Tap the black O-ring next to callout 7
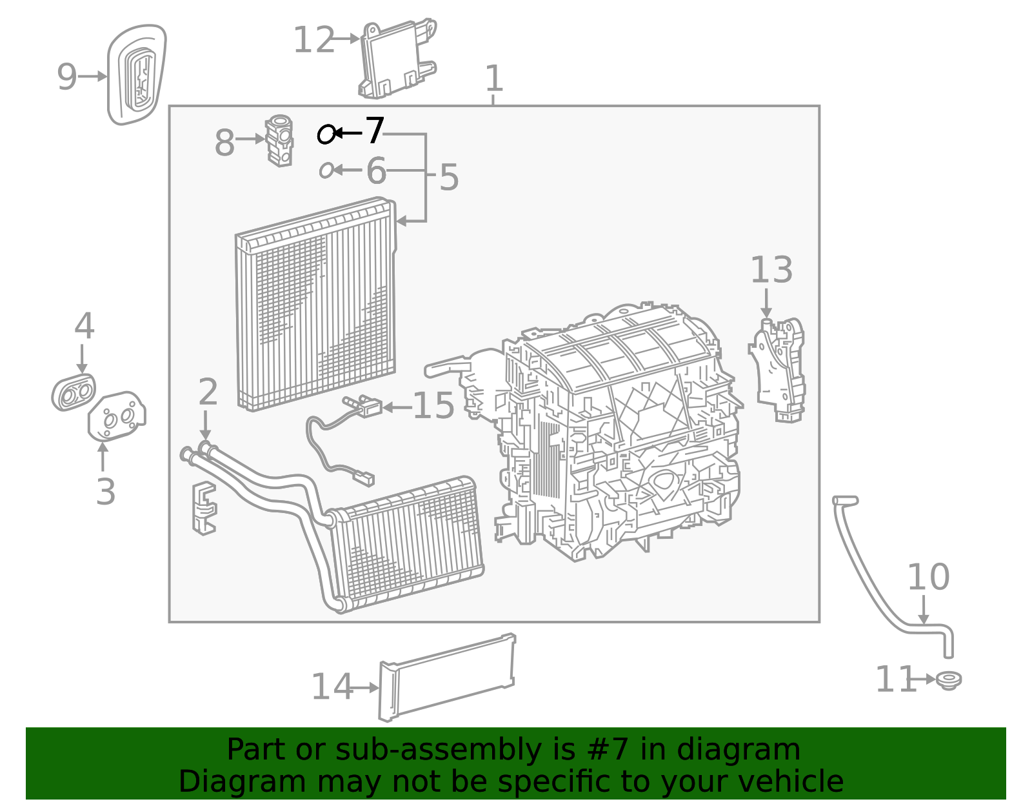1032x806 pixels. coord(327,134)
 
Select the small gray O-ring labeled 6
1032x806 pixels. coord(326,170)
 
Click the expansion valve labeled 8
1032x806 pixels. coord(279,140)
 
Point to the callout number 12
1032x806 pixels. coord(313,40)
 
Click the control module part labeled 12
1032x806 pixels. coord(395,59)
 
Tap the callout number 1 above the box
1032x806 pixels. coord(493,79)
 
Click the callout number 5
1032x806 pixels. coord(448,177)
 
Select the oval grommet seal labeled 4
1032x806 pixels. coord(74,392)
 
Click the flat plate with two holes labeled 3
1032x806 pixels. coord(117,416)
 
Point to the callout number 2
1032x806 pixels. coord(207,392)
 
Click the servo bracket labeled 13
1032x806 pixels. coord(779,370)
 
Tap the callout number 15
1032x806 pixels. coord(433,406)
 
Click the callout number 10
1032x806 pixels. coord(928,577)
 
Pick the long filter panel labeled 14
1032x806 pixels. coord(448,677)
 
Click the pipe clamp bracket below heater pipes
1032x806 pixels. coord(204,508)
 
